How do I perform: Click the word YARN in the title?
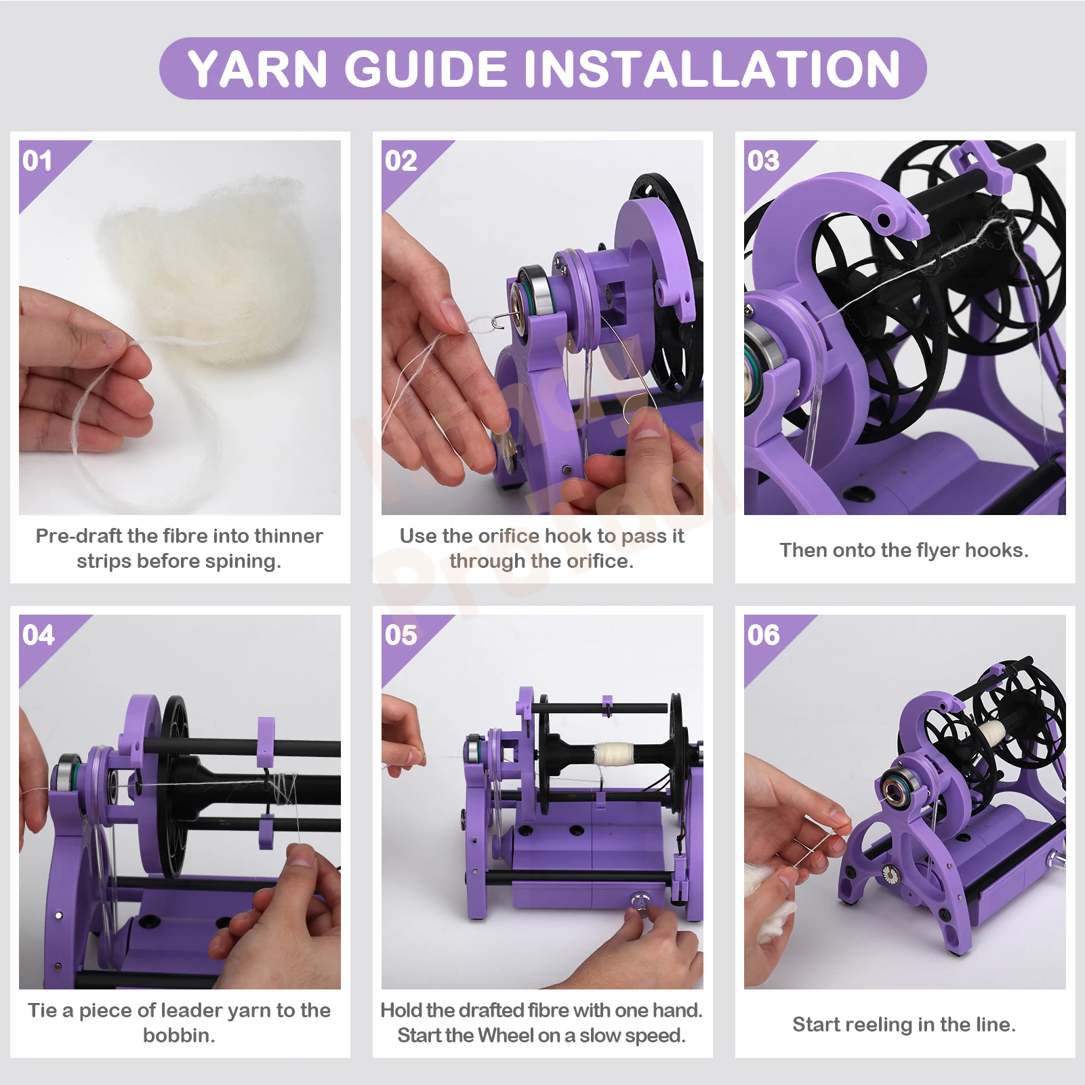(x=258, y=69)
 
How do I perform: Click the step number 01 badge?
(x=38, y=161)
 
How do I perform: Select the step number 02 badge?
(x=401, y=161)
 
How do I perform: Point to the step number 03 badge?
(x=763, y=161)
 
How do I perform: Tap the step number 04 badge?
(x=38, y=636)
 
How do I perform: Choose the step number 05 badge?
(x=401, y=636)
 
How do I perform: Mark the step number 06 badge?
(x=763, y=636)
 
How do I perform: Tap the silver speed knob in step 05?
(x=639, y=903)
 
